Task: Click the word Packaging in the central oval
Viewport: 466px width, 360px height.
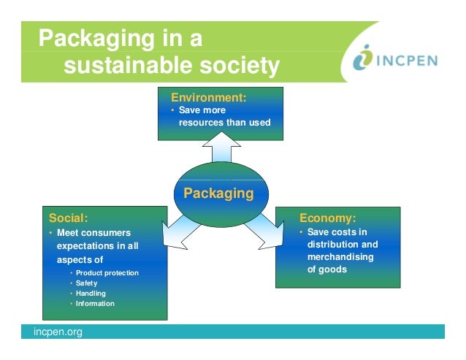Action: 218,194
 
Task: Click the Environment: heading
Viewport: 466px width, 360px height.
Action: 208,97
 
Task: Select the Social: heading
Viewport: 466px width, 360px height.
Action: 68,218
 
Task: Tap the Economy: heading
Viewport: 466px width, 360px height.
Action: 328,218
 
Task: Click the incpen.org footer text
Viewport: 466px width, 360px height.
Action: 58,332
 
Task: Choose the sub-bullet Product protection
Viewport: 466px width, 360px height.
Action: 107,273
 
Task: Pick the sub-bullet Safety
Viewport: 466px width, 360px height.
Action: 86,283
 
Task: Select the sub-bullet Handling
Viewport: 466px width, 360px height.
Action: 91,294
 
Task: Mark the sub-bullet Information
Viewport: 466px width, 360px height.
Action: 95,304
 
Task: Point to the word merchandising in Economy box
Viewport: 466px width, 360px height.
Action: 340,257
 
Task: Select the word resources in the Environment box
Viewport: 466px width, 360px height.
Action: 201,122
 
